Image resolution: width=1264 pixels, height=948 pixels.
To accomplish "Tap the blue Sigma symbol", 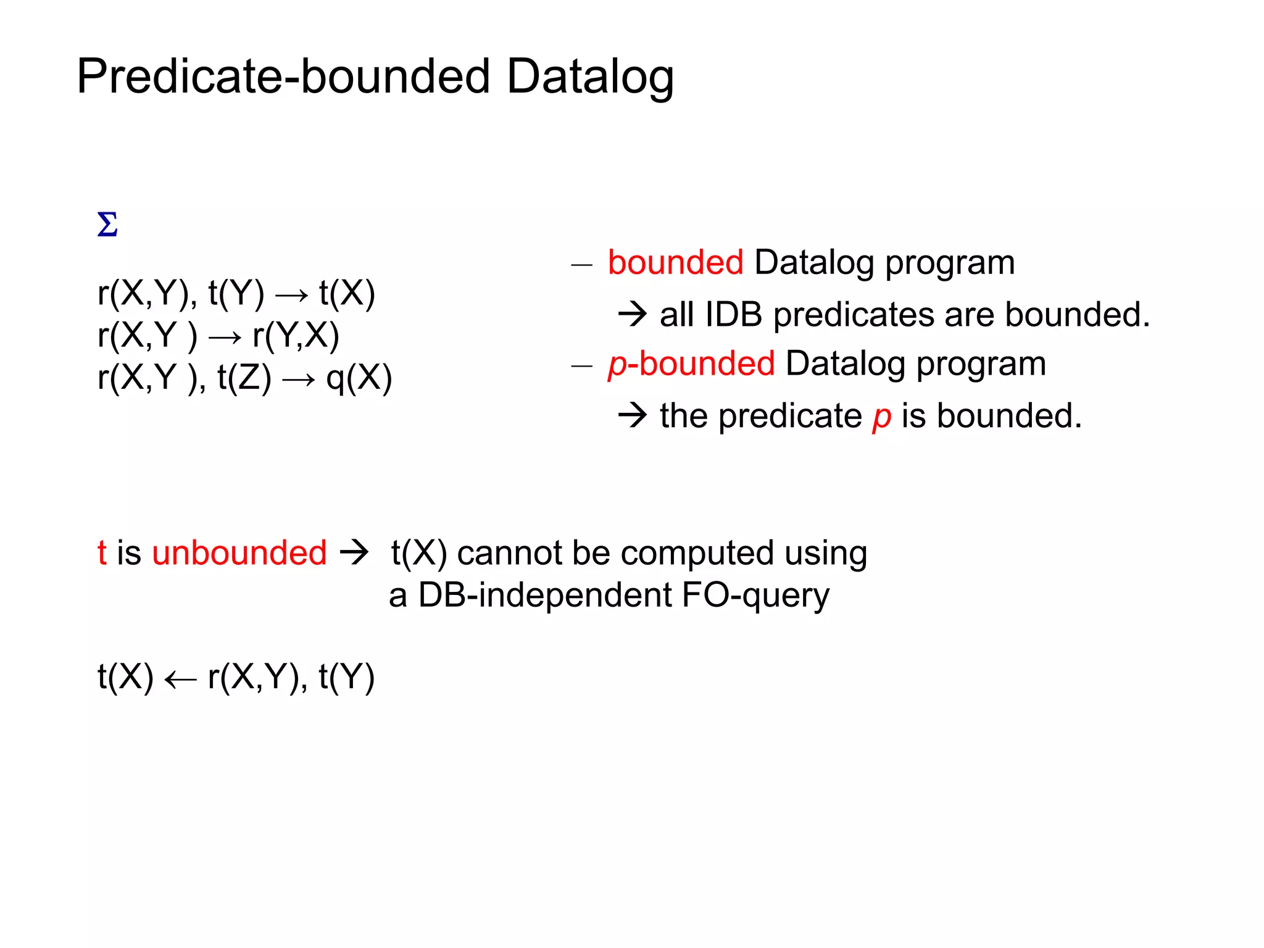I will (x=107, y=225).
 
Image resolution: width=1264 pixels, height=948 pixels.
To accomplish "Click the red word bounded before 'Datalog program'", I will (x=675, y=262).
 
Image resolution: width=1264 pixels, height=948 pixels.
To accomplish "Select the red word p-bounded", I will (x=691, y=363).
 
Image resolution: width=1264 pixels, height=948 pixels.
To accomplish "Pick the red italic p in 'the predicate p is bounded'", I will (x=881, y=417).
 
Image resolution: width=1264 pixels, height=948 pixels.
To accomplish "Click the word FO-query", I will (x=755, y=595).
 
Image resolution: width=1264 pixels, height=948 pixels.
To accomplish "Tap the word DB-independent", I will (x=545, y=595).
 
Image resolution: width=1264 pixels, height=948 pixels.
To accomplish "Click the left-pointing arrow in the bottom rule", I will (x=180, y=680).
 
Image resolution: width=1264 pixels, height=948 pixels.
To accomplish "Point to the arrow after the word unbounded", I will (x=355, y=552).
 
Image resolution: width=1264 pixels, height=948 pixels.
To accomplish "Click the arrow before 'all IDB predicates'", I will (x=632, y=314).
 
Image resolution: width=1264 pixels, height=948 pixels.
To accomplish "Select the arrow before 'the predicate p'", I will (x=632, y=415).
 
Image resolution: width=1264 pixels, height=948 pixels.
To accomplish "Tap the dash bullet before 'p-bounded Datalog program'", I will (x=581, y=366).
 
